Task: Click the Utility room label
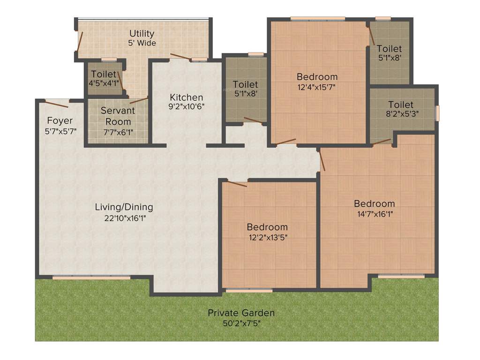pyautogui.click(x=142, y=34)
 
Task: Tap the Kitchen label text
pyautogui.click(x=187, y=97)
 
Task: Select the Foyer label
pyautogui.click(x=60, y=121)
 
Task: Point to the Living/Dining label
pyautogui.click(x=124, y=207)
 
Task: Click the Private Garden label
pyautogui.click(x=241, y=313)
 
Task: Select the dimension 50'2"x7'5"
pyautogui.click(x=241, y=323)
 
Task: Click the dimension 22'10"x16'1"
pyautogui.click(x=124, y=217)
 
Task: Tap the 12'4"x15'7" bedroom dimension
pyautogui.click(x=317, y=87)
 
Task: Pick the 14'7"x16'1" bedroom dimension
pyautogui.click(x=374, y=214)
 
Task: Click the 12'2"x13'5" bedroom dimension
pyautogui.click(x=267, y=237)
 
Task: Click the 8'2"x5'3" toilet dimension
pyautogui.click(x=401, y=113)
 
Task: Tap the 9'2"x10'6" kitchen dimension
pyautogui.click(x=187, y=107)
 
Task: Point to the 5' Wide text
pyautogui.click(x=142, y=43)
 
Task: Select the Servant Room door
pyautogui.click(x=139, y=100)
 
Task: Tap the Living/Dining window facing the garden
pyautogui.click(x=91, y=278)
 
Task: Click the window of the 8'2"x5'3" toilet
pyautogui.click(x=438, y=113)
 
